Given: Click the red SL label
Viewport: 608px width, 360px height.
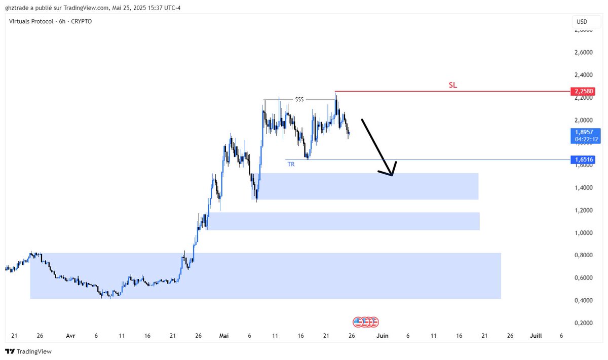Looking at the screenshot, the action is pyautogui.click(x=453, y=85).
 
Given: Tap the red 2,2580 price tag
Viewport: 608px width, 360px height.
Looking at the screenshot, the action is pyautogui.click(x=583, y=91).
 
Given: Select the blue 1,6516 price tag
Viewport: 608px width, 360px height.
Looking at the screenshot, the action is pyautogui.click(x=583, y=159).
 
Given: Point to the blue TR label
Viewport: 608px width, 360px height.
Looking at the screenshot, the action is pyautogui.click(x=291, y=164).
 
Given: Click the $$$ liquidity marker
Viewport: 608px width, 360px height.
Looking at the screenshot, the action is pyautogui.click(x=299, y=100).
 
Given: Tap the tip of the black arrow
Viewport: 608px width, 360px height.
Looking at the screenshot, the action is pyautogui.click(x=392, y=176).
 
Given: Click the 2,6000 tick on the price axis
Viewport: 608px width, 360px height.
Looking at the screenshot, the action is pyautogui.click(x=584, y=52).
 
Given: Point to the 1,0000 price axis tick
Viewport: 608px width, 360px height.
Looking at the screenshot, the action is pyautogui.click(x=584, y=233).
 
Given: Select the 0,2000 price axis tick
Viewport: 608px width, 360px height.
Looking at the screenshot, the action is pyautogui.click(x=584, y=323).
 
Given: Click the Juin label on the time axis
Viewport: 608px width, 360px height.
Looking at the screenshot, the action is pyautogui.click(x=383, y=336).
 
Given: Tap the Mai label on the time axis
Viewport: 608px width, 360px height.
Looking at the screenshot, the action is pyautogui.click(x=224, y=336).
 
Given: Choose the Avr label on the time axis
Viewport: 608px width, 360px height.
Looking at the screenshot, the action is pyautogui.click(x=70, y=336).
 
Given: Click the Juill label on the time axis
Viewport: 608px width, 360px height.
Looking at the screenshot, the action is pyautogui.click(x=536, y=336).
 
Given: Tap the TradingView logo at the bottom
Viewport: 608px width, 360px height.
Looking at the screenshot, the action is pyautogui.click(x=28, y=351).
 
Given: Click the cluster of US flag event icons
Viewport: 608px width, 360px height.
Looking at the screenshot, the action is pyautogui.click(x=366, y=322).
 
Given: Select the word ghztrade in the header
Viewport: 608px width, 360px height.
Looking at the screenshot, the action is pyautogui.click(x=17, y=8).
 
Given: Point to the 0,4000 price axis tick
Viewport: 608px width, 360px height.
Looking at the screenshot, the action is pyautogui.click(x=584, y=300).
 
